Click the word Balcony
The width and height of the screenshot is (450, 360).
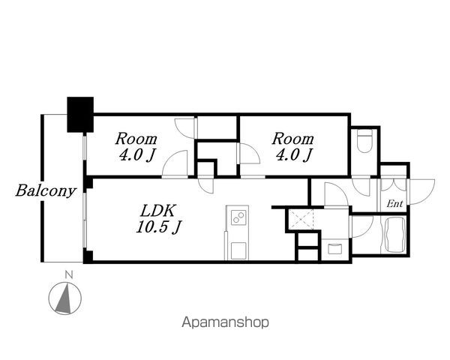pyautogui.click(x=46, y=190)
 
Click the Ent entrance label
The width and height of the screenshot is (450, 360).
pyautogui.click(x=394, y=204)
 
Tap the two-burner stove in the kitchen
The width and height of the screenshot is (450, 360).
pyautogui.click(x=238, y=217)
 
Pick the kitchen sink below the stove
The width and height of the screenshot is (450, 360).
pyautogui.click(x=238, y=248)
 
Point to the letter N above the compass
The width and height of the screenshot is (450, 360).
pyautogui.click(x=68, y=274)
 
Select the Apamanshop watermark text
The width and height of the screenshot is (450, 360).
pyautogui.click(x=225, y=323)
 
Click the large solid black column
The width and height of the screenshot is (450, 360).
pyautogui.click(x=79, y=113)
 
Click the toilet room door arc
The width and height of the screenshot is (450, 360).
pyautogui.click(x=363, y=187)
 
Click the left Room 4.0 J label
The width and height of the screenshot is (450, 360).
pyautogui.click(x=136, y=147)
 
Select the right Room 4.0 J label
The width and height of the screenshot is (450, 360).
pyautogui.click(x=292, y=147)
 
